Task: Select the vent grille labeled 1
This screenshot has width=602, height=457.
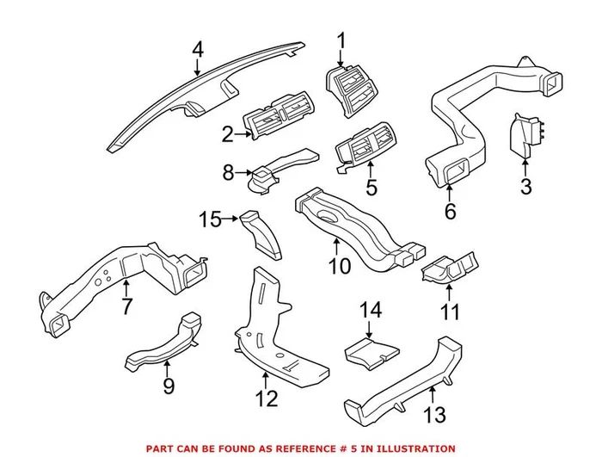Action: [x=353, y=86]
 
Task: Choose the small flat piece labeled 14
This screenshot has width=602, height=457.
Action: [x=370, y=349]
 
